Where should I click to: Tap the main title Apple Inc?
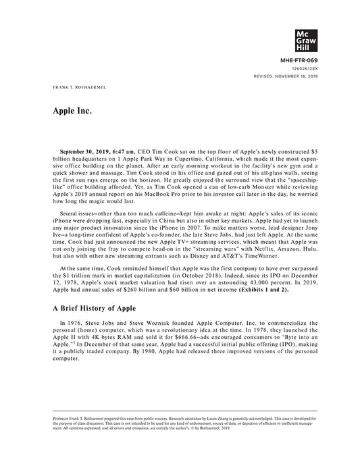click(x=72, y=109)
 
